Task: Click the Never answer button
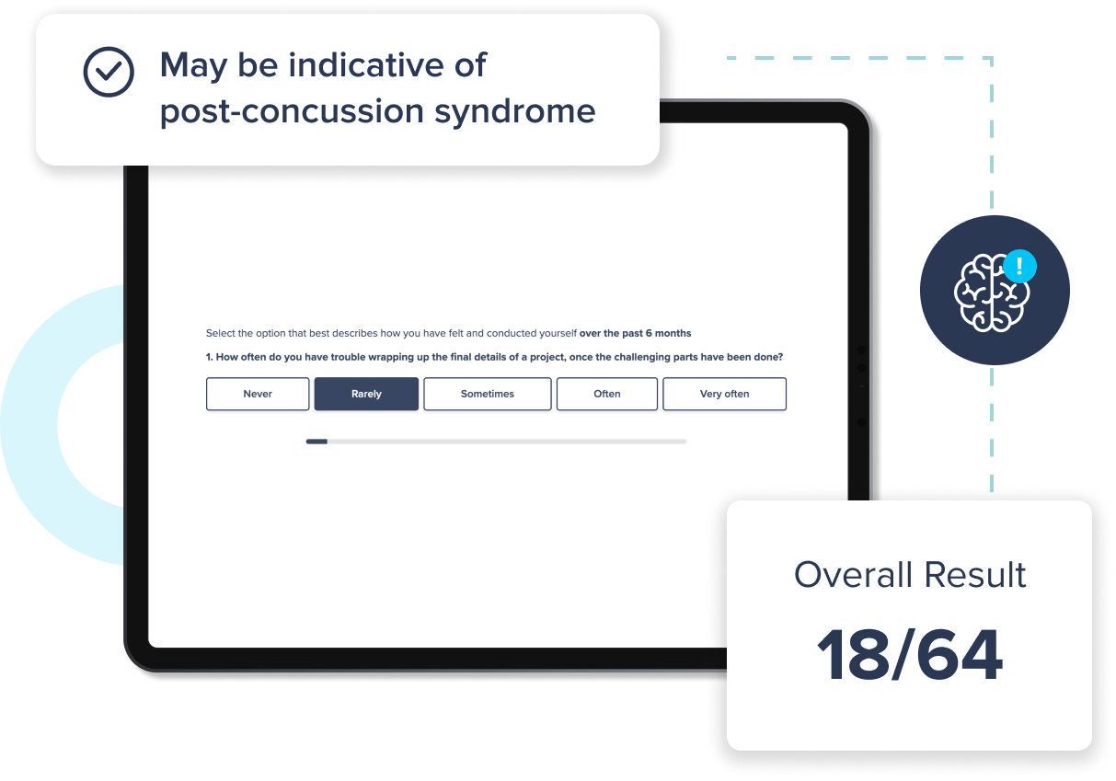pos(258,394)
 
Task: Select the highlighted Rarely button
pos(366,394)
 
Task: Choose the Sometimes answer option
pos(487,394)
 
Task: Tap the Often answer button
pos(607,394)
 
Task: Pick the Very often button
pos(724,394)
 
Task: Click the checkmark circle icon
pos(109,72)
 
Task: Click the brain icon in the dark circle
pos(989,293)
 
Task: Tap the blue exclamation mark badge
pos(1019,267)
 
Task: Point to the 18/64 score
pos(909,656)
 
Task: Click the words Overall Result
pos(909,575)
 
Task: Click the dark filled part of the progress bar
pos(316,442)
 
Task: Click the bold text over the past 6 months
pos(635,333)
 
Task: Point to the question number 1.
pos(210,357)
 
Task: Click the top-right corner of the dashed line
pos(992,58)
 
